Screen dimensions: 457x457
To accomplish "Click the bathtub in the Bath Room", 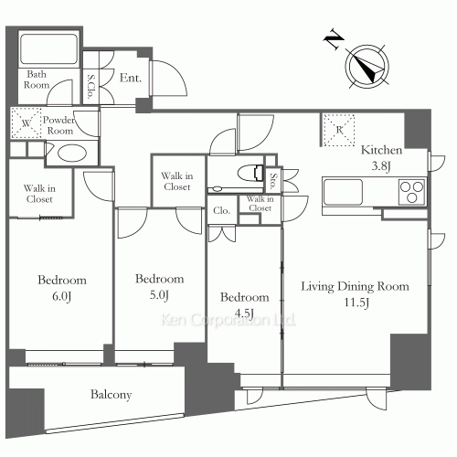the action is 48,48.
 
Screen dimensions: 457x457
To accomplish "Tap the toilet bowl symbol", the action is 250,173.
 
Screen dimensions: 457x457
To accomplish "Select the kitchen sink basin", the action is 343,192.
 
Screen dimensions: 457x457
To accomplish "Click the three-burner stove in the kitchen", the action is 412,192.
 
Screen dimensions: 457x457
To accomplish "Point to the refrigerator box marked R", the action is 339,130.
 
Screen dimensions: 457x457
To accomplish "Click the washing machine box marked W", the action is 27,122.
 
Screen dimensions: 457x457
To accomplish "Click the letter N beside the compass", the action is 334,39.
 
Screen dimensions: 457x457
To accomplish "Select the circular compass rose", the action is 367,67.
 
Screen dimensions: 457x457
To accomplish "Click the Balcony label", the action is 111,395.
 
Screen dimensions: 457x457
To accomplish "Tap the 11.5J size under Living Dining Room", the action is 356,303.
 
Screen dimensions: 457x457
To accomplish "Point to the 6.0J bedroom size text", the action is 62,296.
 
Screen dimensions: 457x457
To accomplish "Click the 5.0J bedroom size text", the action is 159,295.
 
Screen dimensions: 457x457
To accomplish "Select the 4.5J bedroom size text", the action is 244,313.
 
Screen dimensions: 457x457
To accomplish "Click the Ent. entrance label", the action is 131,78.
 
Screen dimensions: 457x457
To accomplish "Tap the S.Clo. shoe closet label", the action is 90,87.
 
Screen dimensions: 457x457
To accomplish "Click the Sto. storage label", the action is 273,181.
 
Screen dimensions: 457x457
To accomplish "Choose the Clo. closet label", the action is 221,210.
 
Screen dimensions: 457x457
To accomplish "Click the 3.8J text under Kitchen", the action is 381,166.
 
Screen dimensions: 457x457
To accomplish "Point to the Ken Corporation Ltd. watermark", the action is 228,320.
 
